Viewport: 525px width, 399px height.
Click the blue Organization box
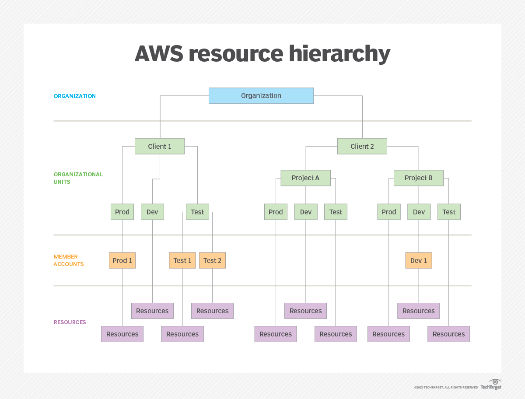pyautogui.click(x=261, y=96)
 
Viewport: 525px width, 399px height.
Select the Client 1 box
pyautogui.click(x=160, y=146)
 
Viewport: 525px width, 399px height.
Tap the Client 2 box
pyautogui.click(x=362, y=146)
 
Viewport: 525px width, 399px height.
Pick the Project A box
pyautogui.click(x=306, y=178)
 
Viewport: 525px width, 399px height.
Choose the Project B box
pyautogui.click(x=419, y=178)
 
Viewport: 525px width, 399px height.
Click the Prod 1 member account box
pyautogui.click(x=122, y=260)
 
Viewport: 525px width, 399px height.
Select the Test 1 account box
pyautogui.click(x=182, y=260)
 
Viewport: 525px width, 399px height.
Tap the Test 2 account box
pyautogui.click(x=212, y=260)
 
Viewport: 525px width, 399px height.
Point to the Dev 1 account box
pyautogui.click(x=419, y=260)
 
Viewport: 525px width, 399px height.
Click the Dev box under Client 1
pyautogui.click(x=152, y=212)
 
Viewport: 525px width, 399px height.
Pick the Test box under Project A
pyautogui.click(x=336, y=212)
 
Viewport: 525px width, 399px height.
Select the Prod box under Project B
pyautogui.click(x=389, y=212)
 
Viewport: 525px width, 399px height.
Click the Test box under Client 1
pyautogui.click(x=197, y=212)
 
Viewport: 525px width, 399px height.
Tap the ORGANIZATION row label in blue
pyautogui.click(x=74, y=96)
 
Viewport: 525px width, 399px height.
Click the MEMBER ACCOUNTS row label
pyautogui.click(x=69, y=260)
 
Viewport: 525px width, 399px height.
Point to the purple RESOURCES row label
pyautogui.click(x=70, y=322)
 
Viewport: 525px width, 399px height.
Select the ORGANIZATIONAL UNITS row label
pyautogui.click(x=78, y=178)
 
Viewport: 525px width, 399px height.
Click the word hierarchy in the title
pyautogui.click(x=339, y=54)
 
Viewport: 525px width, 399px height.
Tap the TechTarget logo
pyautogui.click(x=491, y=385)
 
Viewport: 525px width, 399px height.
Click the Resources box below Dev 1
pyautogui.click(x=419, y=311)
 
